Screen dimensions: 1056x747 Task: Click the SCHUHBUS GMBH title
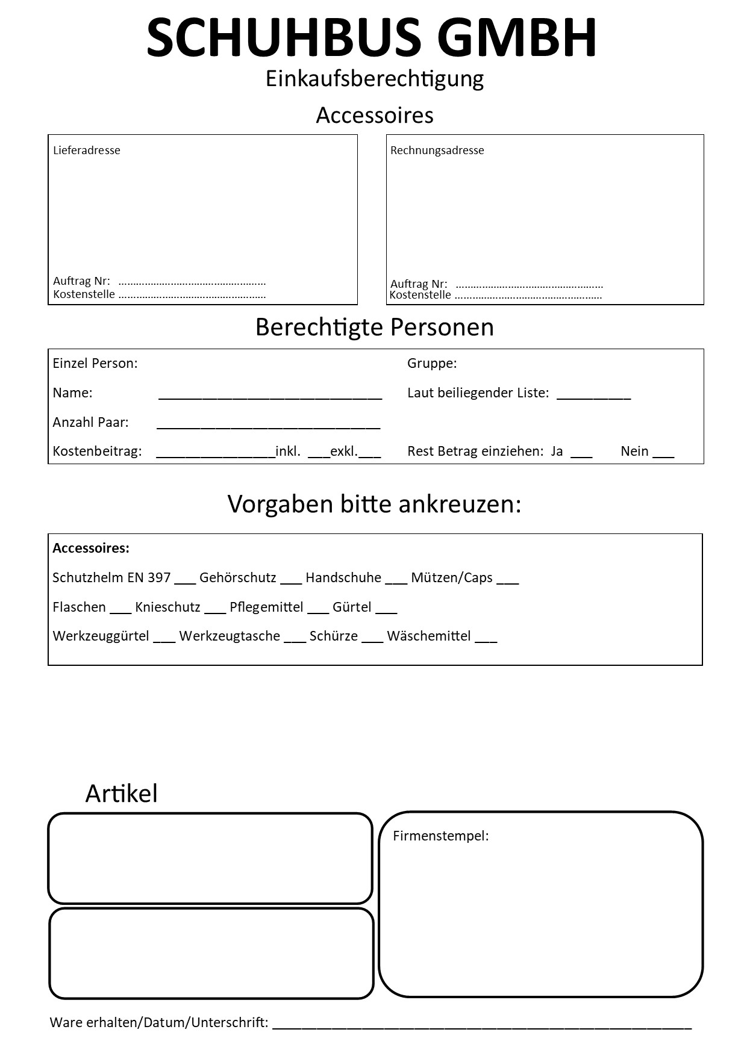[x=372, y=37]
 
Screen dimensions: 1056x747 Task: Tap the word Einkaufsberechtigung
[x=374, y=79]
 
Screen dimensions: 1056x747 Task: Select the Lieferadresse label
[x=87, y=151]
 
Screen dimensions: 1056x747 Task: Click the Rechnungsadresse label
[x=437, y=151]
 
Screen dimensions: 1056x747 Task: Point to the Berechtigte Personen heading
[x=374, y=327]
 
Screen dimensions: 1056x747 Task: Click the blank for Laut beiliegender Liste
[x=593, y=396]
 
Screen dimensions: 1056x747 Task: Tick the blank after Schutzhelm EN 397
[x=185, y=580]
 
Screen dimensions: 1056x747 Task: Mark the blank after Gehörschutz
[x=291, y=580]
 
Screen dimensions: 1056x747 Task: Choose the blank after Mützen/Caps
[x=508, y=580]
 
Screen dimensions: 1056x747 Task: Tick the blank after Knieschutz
[x=215, y=610]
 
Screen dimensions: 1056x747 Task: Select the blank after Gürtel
[x=386, y=610]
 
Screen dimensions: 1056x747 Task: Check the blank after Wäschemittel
[x=486, y=639]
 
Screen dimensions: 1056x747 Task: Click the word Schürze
[x=334, y=636]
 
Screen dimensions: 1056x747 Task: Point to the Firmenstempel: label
[x=440, y=836]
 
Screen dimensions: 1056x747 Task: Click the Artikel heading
[x=121, y=794]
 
